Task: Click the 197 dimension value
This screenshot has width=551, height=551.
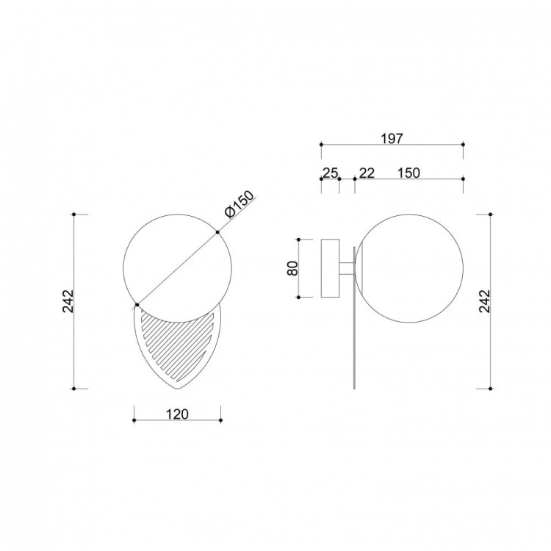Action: [392, 139]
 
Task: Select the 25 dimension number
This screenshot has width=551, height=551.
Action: [330, 173]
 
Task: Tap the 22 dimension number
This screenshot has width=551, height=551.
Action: [367, 173]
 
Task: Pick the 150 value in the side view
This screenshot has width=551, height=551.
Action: [408, 173]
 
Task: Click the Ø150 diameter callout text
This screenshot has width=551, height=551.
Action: [239, 205]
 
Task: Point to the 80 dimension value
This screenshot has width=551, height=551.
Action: [292, 268]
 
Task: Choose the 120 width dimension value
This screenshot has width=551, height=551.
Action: [177, 414]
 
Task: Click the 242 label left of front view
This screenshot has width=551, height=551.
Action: [68, 301]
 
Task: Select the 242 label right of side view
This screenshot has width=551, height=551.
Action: [484, 301]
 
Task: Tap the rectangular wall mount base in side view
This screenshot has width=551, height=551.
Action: [331, 268]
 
